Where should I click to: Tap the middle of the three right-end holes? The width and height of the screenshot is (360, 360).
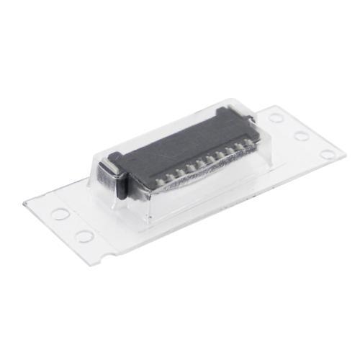[301, 135]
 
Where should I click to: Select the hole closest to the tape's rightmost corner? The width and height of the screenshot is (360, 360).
[327, 153]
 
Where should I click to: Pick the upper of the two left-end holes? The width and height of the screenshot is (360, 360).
[61, 214]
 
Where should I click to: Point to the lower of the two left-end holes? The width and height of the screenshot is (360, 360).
[84, 235]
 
